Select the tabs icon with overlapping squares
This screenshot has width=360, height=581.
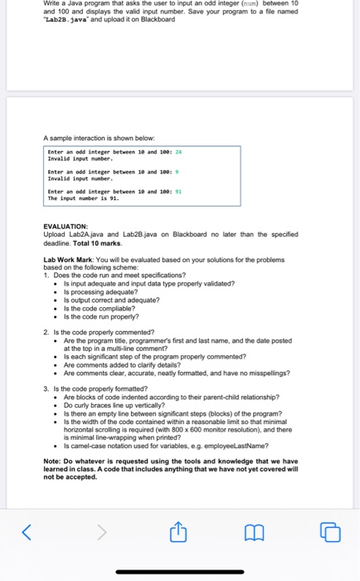[330, 530]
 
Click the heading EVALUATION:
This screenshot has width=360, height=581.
[66, 226]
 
